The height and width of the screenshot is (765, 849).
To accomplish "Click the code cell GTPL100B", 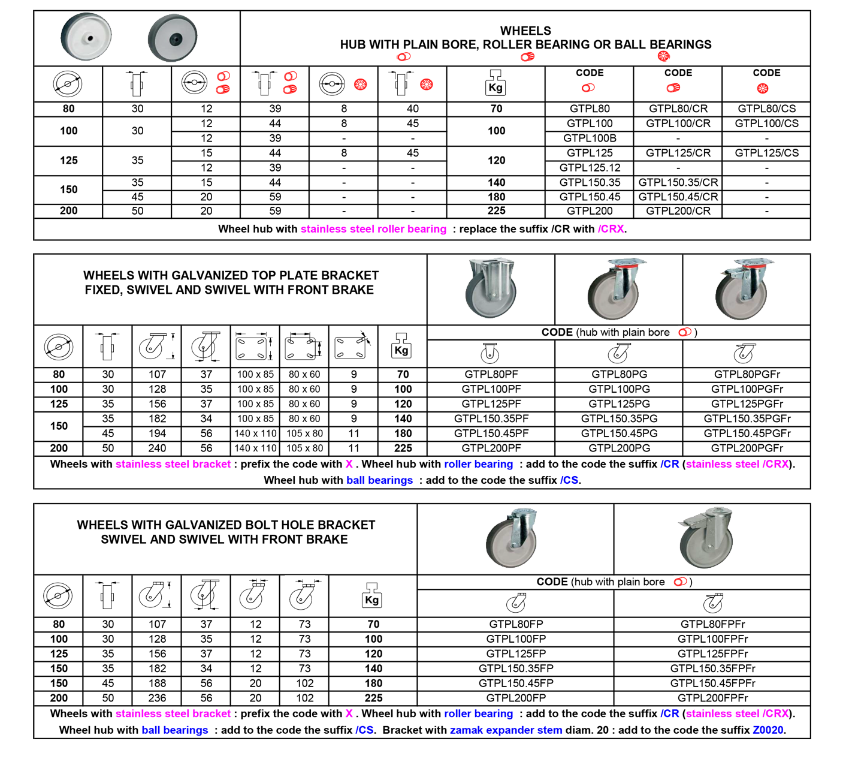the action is tap(590, 138).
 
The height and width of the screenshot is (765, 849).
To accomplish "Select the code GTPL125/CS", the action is tap(766, 153).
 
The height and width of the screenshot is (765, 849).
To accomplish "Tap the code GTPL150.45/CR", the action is tap(678, 197).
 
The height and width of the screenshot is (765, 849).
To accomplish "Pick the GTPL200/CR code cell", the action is tap(678, 211).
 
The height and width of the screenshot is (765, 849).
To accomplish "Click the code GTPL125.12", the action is tap(590, 168).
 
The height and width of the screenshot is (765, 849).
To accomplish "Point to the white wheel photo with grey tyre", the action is tap(86, 36).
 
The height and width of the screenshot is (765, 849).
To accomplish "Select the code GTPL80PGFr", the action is tap(747, 375).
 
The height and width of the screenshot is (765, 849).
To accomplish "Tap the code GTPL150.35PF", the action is tap(491, 419).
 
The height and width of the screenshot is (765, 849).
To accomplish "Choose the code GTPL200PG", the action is tap(619, 448).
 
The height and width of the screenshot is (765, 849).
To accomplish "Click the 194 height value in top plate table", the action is tap(157, 433).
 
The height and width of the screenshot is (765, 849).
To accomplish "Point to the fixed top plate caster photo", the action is tap(491, 288).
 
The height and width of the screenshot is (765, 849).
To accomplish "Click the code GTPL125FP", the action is tap(516, 653).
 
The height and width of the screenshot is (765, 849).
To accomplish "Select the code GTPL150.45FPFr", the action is tap(713, 683).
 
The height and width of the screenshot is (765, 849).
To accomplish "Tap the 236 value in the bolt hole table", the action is tap(157, 698).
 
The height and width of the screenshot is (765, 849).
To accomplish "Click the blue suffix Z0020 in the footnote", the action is tap(768, 730).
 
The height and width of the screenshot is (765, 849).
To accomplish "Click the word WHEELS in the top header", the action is tap(525, 31).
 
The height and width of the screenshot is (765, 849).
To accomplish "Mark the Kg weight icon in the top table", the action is tap(495, 83).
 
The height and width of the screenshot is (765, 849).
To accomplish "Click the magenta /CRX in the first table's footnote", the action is tap(611, 229).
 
